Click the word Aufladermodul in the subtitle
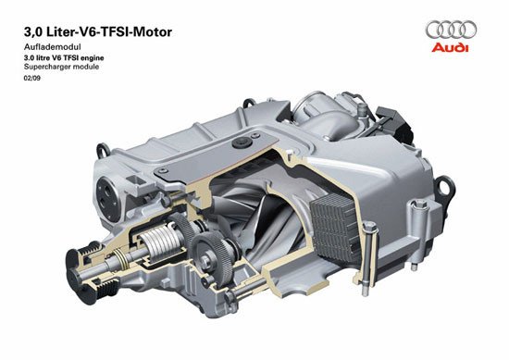coord(52,47)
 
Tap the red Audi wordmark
coord(451,47)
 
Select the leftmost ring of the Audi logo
coord(434,30)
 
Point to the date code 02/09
coord(31,79)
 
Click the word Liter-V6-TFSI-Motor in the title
coord(109,31)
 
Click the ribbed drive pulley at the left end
coord(85,271)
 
